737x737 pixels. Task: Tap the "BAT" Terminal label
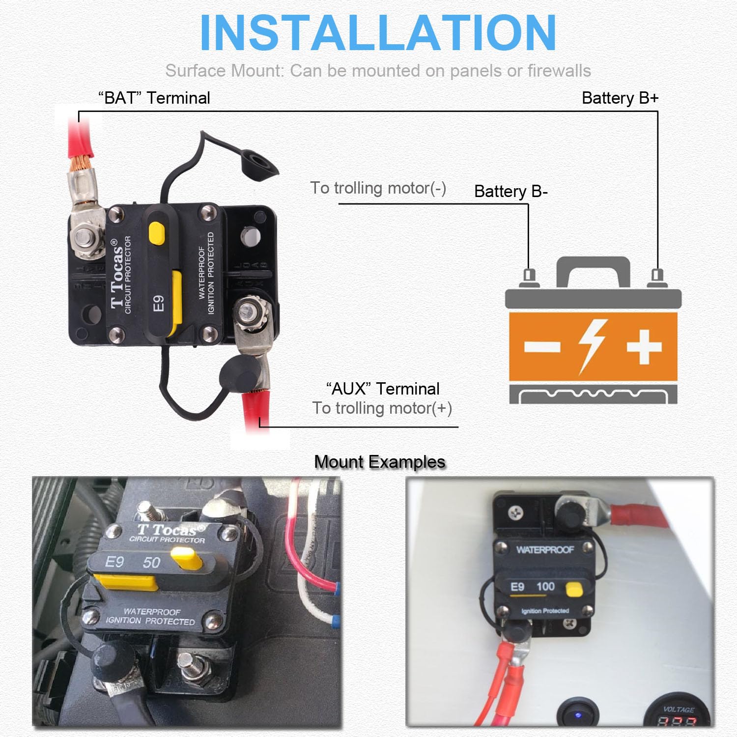[154, 98]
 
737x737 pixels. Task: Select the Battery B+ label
[620, 98]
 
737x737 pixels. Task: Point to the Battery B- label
[510, 191]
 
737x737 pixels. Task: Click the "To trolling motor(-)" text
[378, 188]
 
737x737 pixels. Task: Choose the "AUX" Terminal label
[383, 389]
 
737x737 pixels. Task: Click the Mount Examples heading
[379, 462]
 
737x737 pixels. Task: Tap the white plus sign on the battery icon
[644, 347]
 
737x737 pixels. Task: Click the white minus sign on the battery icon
[542, 347]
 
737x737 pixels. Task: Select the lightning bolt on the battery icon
[593, 345]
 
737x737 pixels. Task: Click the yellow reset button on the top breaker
[157, 233]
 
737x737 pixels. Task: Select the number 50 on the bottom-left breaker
[151, 563]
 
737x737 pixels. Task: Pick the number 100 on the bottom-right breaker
[545, 586]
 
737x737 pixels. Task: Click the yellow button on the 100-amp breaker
[573, 589]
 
